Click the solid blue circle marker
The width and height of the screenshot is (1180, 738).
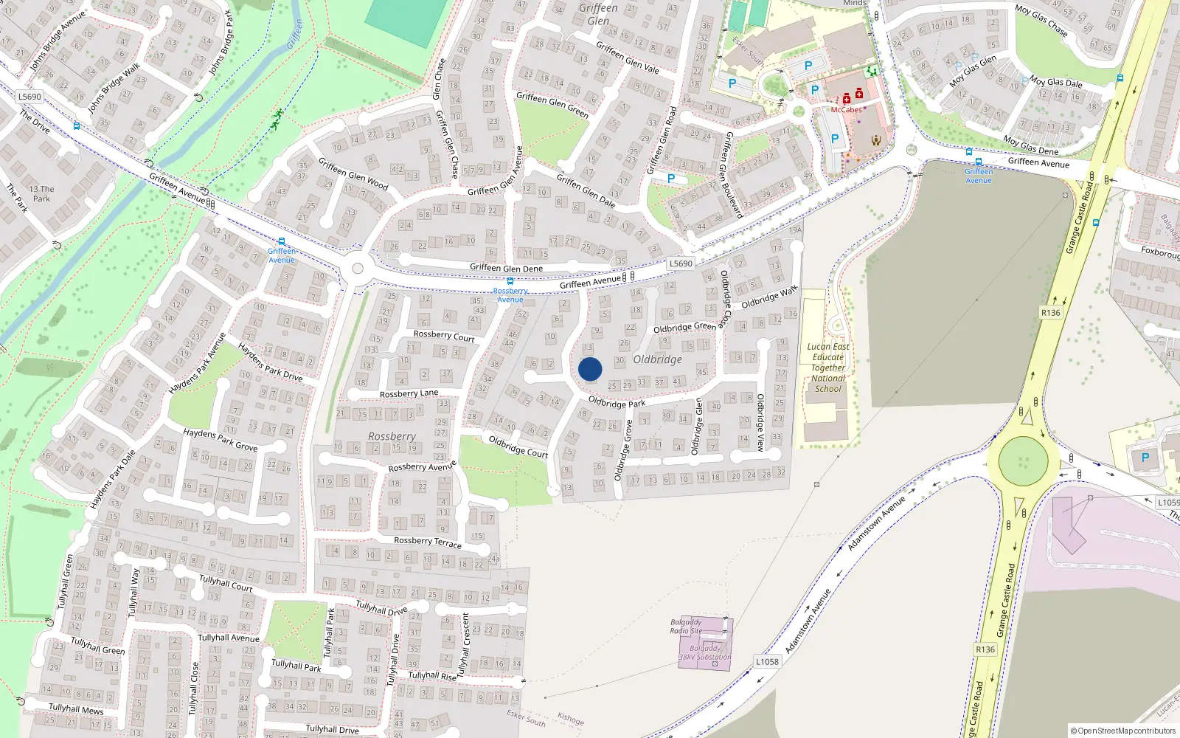590,369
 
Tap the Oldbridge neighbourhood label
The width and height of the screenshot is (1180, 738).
657,359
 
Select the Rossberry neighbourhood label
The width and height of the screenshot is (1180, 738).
392,436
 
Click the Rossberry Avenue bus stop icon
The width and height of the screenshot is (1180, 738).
510,281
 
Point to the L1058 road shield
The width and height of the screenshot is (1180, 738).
767,661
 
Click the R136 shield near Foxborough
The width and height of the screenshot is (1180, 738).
1050,313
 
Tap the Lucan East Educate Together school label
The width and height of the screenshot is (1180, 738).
828,368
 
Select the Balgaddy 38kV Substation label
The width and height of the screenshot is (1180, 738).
705,652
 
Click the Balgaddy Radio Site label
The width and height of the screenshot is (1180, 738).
686,627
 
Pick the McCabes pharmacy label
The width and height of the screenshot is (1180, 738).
846,110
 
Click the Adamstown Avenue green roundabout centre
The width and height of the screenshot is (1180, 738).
1023,461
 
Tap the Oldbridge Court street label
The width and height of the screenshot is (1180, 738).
518,446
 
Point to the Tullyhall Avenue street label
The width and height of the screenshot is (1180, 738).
229,638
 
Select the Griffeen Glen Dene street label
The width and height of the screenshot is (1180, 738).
506,268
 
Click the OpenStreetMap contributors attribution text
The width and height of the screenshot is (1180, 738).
1123,731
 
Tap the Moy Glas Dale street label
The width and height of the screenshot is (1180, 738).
1055,83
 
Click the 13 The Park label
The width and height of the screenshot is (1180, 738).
41,193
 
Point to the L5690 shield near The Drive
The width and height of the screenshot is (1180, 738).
29,97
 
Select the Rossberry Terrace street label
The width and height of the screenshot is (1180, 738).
428,542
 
